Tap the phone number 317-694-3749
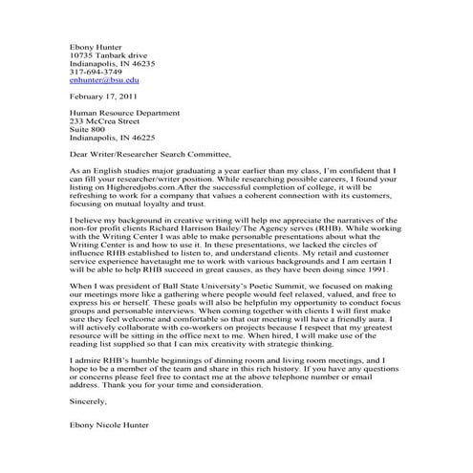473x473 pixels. click(96, 71)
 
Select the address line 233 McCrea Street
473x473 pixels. click(105, 122)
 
